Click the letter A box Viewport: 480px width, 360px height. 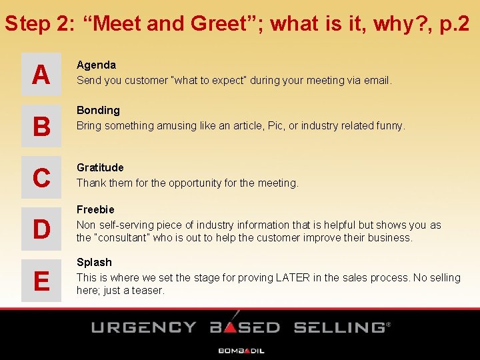coord(41,74)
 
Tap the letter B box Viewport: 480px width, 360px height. coord(41,125)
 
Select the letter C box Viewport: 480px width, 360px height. coord(41,177)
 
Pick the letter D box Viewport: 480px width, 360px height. coord(41,229)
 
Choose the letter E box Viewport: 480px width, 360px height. coord(41,281)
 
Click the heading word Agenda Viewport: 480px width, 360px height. coord(96,65)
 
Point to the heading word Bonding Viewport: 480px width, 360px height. coord(98,110)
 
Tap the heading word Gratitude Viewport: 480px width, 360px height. coord(100,167)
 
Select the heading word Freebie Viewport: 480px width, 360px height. coord(95,209)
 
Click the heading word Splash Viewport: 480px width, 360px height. coord(94,262)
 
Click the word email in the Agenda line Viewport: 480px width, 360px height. coord(377,80)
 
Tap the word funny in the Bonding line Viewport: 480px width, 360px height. coord(389,125)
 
